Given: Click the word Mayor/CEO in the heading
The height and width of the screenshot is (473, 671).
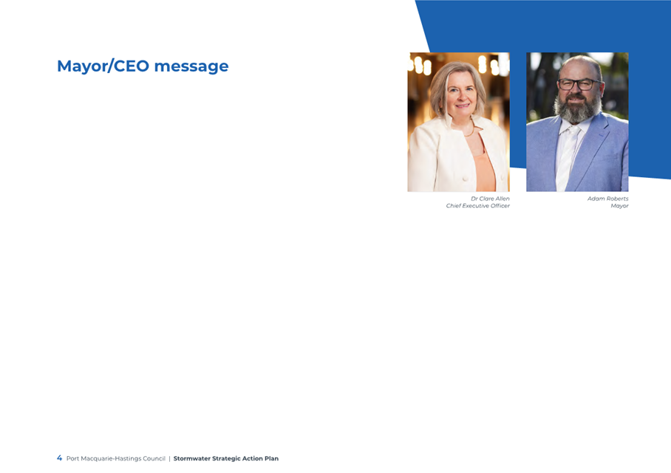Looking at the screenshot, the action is coord(103,66).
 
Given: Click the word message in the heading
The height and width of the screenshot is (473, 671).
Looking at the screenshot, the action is coord(191,66).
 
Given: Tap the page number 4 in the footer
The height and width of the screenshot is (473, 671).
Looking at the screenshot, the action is coord(59,458).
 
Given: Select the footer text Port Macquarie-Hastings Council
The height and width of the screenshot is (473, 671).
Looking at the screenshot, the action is coord(115,458).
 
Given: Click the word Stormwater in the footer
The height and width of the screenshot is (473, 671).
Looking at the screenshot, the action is coord(191,458).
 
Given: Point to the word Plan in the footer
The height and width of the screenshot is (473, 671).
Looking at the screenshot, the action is coord(271,458).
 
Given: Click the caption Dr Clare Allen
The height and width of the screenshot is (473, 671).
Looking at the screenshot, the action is coord(490,198).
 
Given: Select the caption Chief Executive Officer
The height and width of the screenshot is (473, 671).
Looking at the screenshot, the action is coord(477,206).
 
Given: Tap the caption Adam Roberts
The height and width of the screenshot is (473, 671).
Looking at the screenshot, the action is coord(607,198).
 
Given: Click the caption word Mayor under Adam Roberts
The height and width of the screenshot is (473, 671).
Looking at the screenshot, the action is coord(619,206).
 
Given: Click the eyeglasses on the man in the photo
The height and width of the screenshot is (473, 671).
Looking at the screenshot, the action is coord(579,84).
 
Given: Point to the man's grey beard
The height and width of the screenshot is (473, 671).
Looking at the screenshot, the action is coord(578,110).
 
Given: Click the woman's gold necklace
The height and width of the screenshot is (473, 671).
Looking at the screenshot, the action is coord(471,131).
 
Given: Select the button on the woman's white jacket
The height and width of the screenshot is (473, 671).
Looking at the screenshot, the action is coord(465,178).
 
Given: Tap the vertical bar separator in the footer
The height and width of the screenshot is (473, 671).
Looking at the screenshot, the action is coord(169,458).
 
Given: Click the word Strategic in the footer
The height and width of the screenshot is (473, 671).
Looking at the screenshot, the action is coord(226,458).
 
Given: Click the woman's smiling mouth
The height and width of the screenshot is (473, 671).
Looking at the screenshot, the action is coord(462,106).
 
